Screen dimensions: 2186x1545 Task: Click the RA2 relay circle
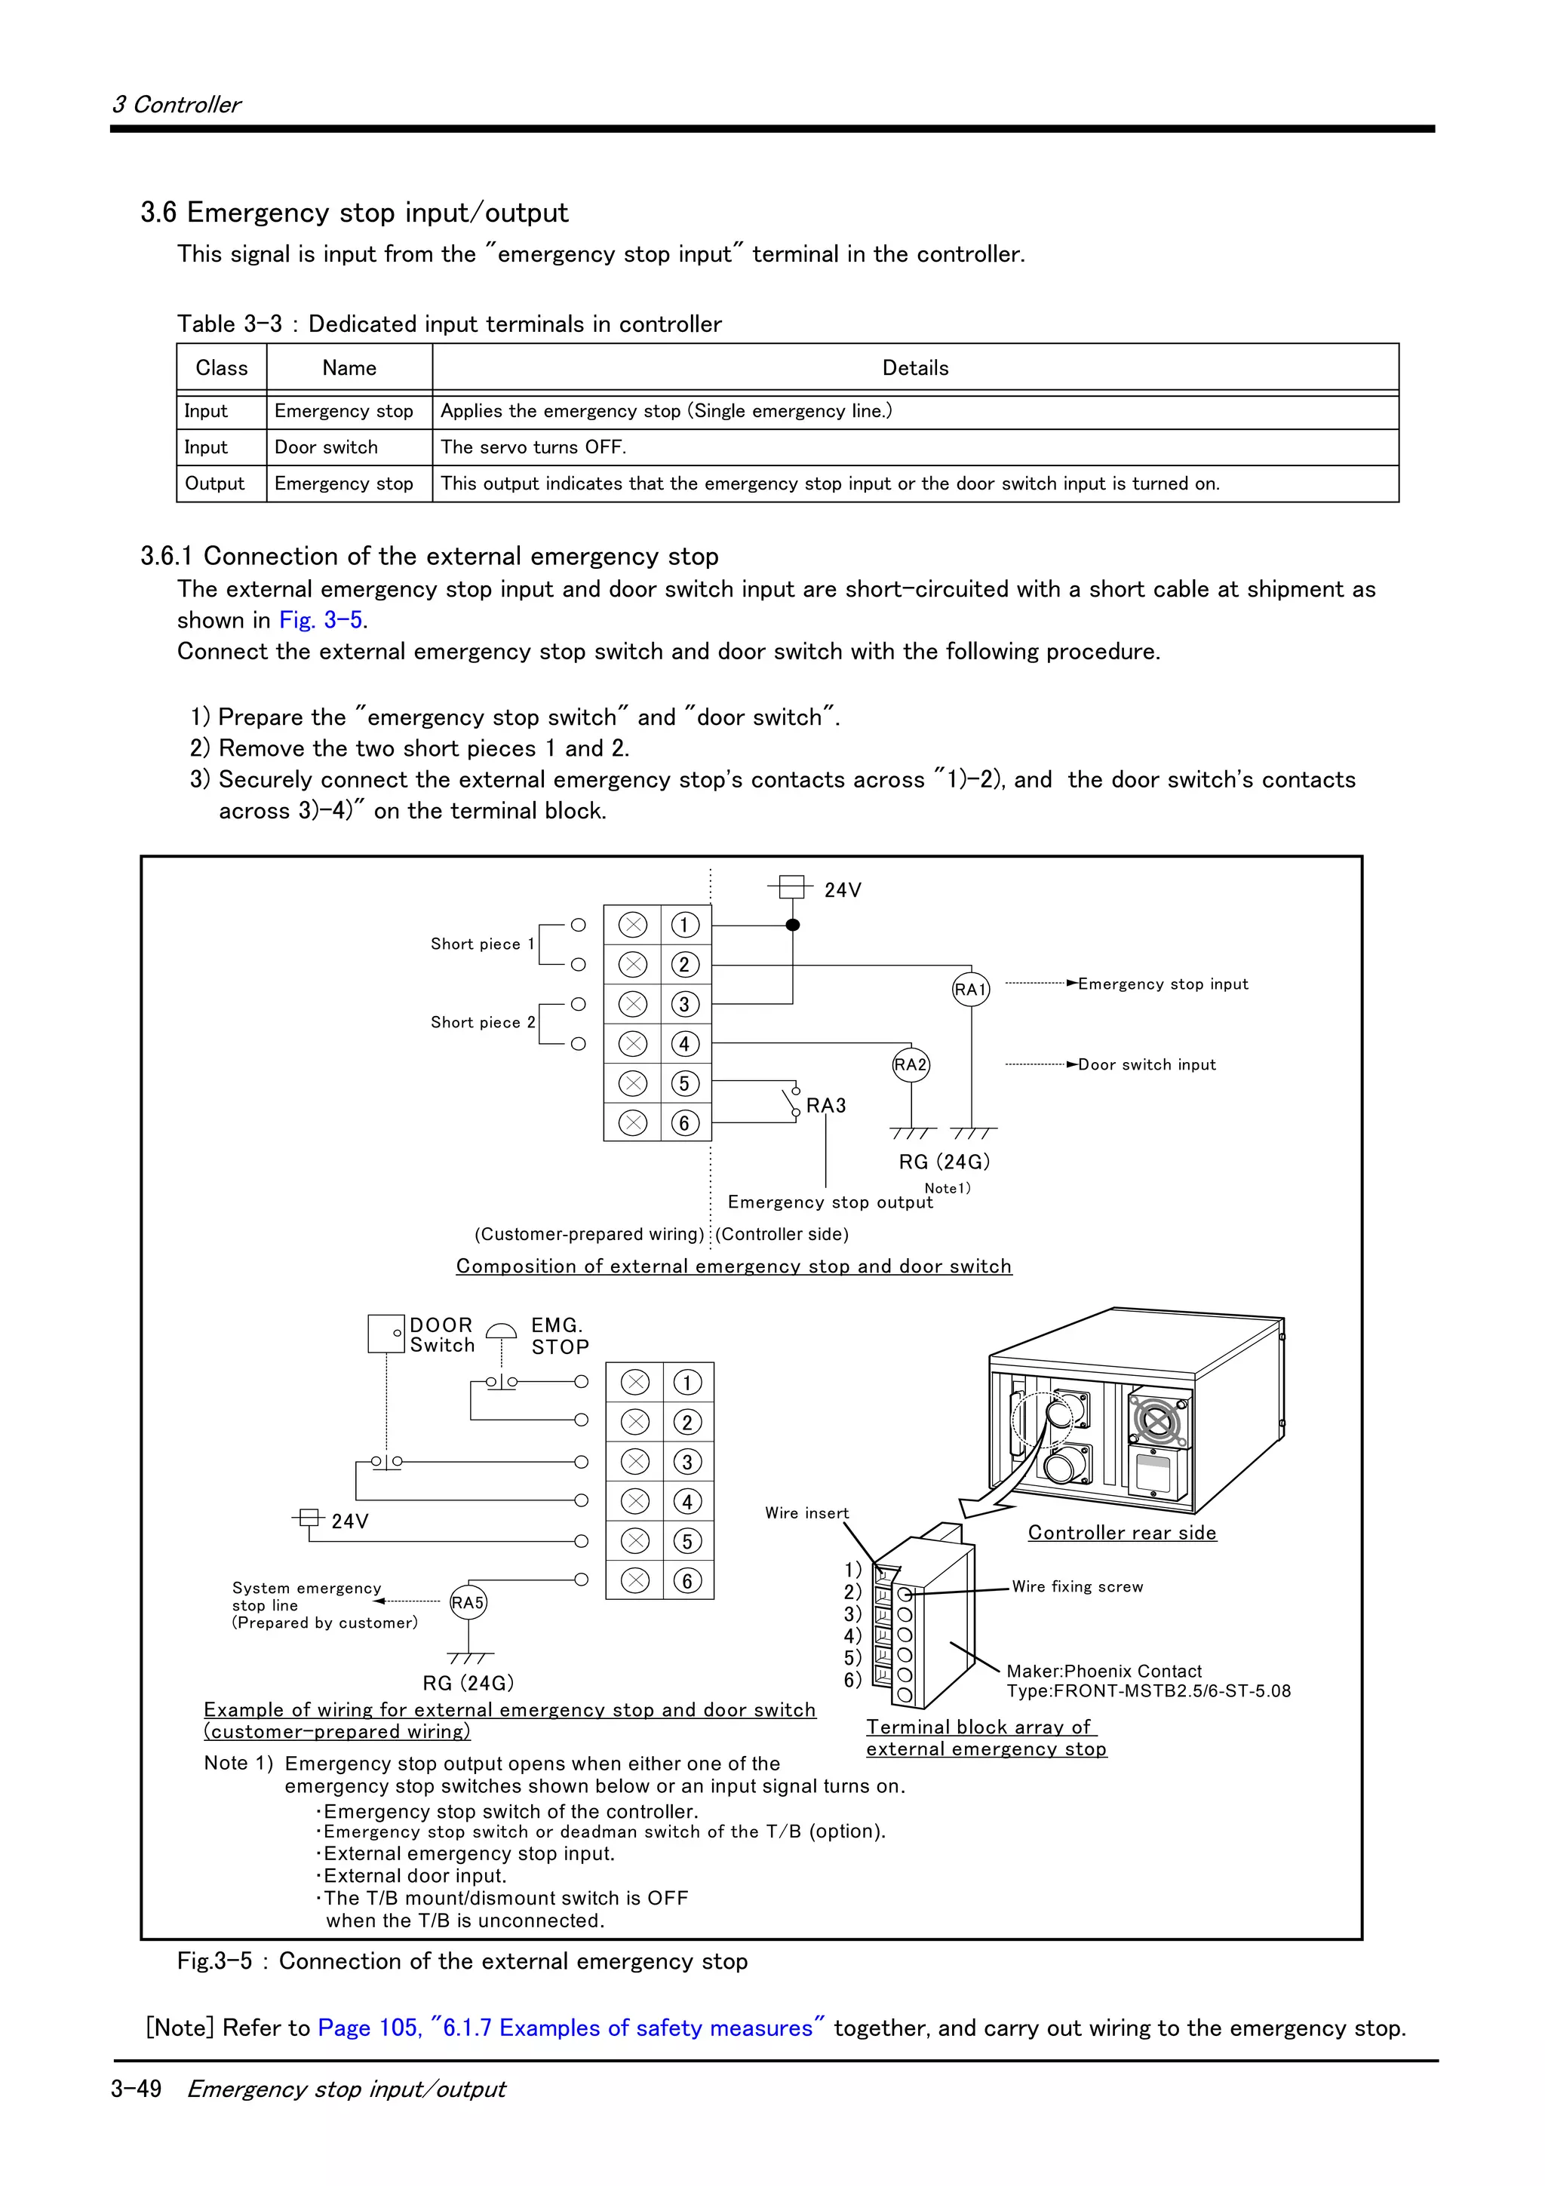click(x=911, y=1064)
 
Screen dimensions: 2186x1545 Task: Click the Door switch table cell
click(x=327, y=447)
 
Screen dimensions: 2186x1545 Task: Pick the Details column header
click(x=915, y=368)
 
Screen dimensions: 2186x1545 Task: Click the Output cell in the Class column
click(x=215, y=484)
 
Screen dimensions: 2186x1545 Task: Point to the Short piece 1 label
click(x=482, y=944)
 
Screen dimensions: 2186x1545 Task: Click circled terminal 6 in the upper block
click(x=684, y=1123)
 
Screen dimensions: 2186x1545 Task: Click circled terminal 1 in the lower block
click(x=687, y=1383)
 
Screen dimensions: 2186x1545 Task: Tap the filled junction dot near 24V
click(x=793, y=925)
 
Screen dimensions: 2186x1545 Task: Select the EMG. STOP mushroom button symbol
click(x=502, y=1332)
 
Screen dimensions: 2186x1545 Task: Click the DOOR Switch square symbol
click(x=386, y=1334)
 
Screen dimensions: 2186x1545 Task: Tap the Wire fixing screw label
click(x=1077, y=1586)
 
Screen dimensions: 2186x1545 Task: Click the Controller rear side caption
click(x=1121, y=1533)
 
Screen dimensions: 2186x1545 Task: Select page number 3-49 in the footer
click(x=136, y=2088)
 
